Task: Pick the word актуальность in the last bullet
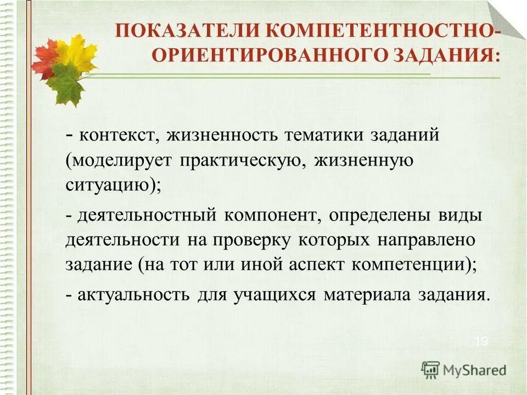click(133, 295)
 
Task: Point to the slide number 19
click(481, 341)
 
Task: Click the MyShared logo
click(464, 369)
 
